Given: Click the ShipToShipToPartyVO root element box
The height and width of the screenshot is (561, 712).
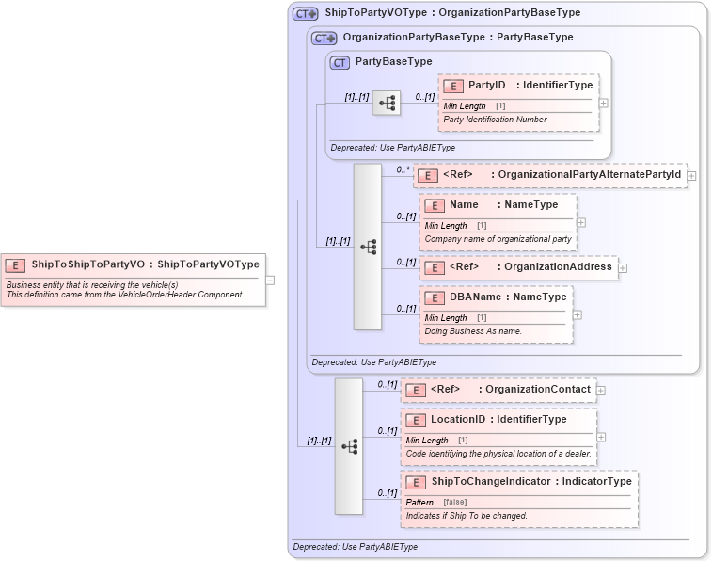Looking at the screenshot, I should click(x=132, y=264).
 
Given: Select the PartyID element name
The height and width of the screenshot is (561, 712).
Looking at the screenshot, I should click(x=486, y=86).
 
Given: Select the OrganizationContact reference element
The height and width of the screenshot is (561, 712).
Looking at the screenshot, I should click(x=498, y=390).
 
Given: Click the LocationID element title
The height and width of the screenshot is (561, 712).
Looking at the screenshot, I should click(x=498, y=420).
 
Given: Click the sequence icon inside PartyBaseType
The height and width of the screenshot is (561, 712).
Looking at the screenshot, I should click(x=387, y=102).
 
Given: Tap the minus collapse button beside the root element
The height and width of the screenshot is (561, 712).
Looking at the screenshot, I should click(x=270, y=279).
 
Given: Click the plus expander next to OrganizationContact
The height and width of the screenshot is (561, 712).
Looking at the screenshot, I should click(x=601, y=390).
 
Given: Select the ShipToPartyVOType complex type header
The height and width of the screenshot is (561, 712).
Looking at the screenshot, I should click(x=451, y=13).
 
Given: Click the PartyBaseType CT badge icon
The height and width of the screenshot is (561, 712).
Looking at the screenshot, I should click(x=340, y=62).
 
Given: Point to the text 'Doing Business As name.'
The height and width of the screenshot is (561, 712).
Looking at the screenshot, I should click(x=472, y=331).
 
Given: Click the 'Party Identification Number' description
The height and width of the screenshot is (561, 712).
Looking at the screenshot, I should click(x=495, y=120).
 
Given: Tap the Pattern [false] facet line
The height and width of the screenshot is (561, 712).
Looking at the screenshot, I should click(x=442, y=502).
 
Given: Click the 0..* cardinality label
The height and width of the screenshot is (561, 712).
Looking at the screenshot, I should click(x=403, y=169).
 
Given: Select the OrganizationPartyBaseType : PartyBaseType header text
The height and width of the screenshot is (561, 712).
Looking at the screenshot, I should click(x=457, y=38).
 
